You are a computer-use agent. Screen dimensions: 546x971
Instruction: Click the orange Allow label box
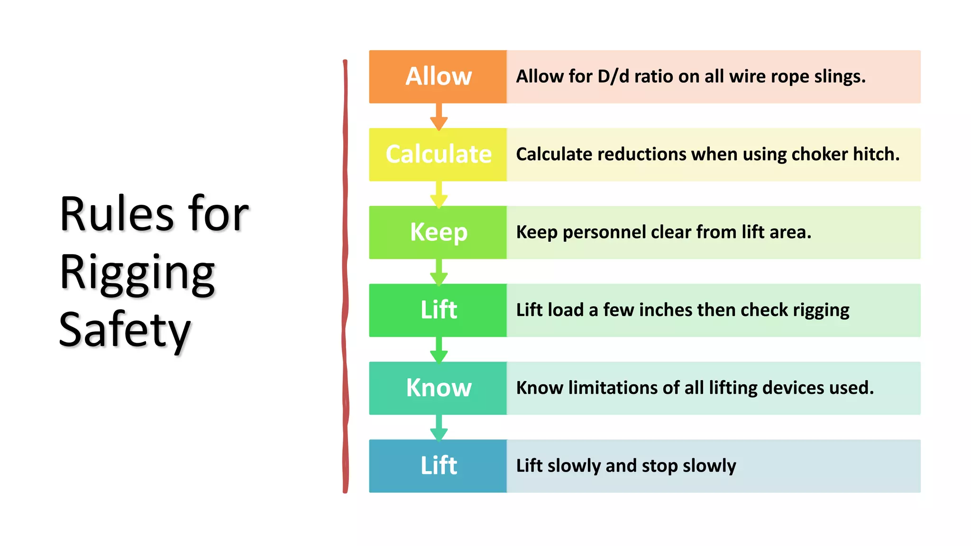pyautogui.click(x=438, y=77)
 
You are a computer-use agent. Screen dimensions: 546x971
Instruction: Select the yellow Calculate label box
pyautogui.click(x=438, y=155)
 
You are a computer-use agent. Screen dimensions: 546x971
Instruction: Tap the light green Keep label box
pyautogui.click(x=438, y=232)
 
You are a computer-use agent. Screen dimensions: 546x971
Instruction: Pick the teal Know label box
pyautogui.click(x=438, y=388)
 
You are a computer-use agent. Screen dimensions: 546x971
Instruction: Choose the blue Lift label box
pyautogui.click(x=438, y=466)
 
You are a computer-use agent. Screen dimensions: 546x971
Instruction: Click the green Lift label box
pyautogui.click(x=438, y=310)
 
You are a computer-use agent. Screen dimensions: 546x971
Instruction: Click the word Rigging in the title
pyautogui.click(x=137, y=273)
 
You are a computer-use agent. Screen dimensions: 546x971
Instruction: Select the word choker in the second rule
pyautogui.click(x=820, y=155)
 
